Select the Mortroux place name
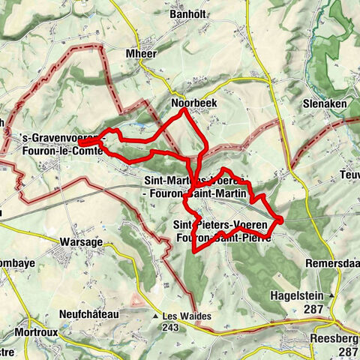click(31, 329)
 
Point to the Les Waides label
click(184, 316)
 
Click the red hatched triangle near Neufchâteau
click(137, 301)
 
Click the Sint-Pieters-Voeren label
click(217, 226)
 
